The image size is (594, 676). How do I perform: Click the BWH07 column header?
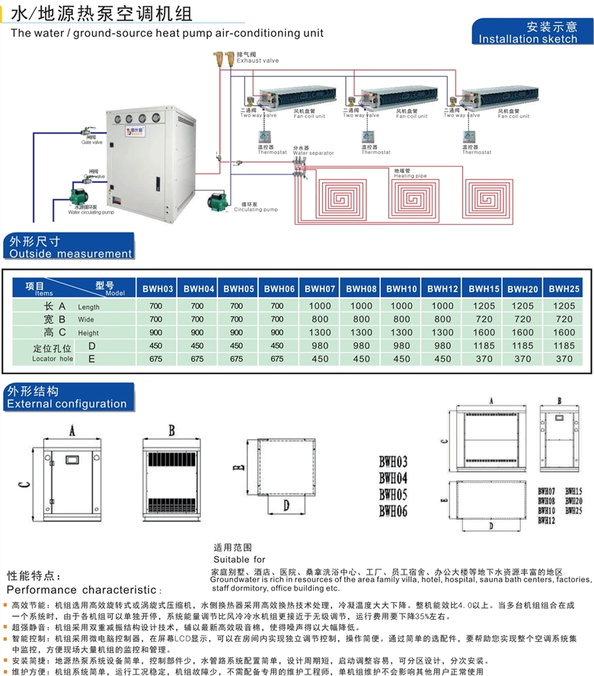[321, 289]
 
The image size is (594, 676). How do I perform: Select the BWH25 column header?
[564, 289]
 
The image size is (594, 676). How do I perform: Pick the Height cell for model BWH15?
[484, 332]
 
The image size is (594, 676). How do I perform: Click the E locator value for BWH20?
[523, 359]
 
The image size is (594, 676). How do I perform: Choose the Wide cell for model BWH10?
[401, 319]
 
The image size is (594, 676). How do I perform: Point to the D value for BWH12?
[442, 345]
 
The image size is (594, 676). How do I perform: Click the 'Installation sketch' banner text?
[528, 39]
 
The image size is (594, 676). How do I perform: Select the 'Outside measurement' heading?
[71, 253]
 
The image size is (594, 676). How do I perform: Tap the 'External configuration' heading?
[67, 404]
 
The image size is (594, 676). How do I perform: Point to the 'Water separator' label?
[314, 153]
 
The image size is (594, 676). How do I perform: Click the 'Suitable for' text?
[239, 559]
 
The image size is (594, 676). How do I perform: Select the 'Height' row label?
[88, 333]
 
